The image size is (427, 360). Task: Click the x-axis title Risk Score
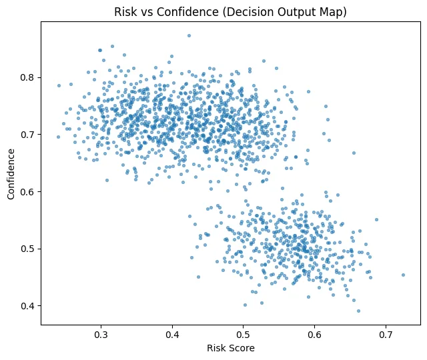(231, 348)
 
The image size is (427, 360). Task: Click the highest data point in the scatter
(189, 36)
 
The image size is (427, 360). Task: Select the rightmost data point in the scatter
(403, 275)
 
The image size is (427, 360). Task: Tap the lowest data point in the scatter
(358, 311)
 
